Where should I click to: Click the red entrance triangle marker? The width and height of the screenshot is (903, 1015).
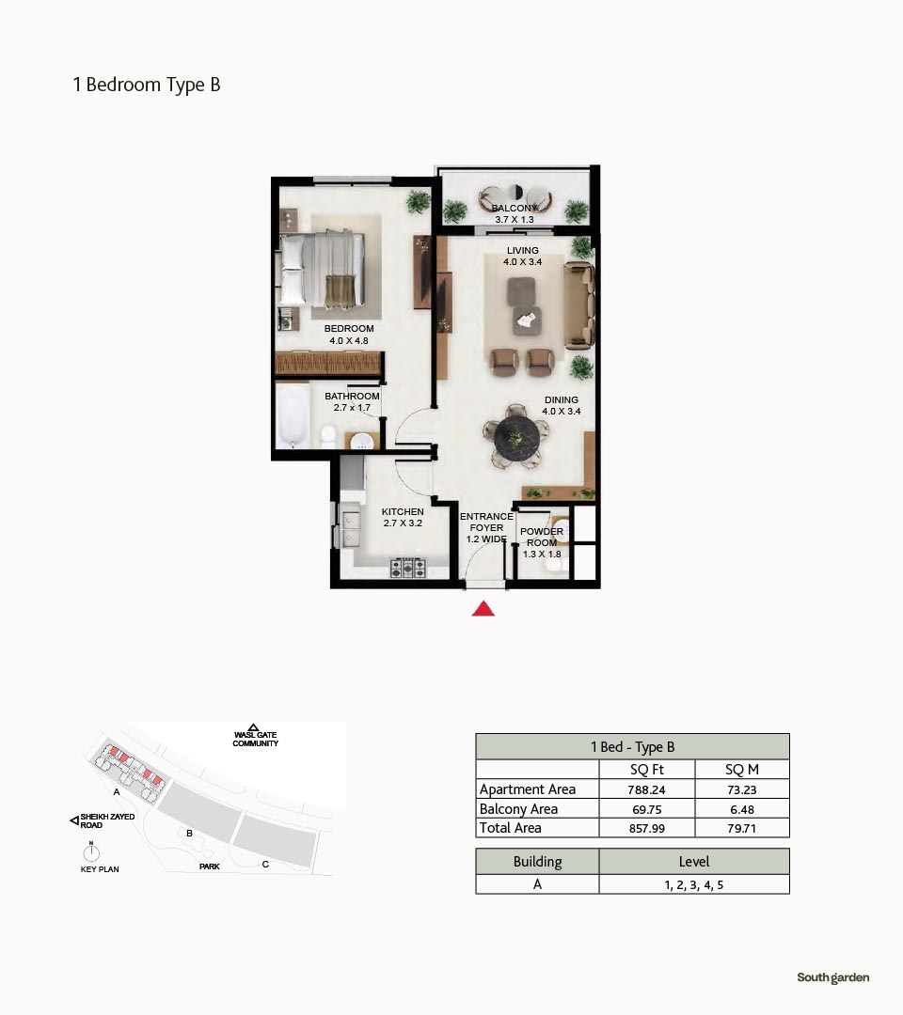483,609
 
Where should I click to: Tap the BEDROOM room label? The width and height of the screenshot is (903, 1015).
349,329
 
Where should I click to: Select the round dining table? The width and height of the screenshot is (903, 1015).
516,438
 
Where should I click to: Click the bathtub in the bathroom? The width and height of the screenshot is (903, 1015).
293,416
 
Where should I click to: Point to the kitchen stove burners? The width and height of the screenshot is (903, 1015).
407,568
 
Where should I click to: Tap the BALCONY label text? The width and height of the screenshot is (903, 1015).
515,208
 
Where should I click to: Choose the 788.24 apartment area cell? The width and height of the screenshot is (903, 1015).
646,789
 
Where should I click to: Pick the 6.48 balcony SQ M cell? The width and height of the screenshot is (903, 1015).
742,809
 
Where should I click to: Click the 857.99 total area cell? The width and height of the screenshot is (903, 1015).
646,828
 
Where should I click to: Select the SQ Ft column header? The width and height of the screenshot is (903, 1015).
646,770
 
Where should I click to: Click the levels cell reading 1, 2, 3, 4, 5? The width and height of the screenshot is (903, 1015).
694,885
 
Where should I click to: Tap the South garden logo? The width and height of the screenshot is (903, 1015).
833,977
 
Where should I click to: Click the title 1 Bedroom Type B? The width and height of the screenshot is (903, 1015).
147,85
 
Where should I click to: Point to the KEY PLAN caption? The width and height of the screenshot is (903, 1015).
100,869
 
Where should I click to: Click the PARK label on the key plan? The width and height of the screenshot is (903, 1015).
209,867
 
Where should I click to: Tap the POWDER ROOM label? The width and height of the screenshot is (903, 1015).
542,538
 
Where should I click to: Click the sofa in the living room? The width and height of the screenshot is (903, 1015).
579,304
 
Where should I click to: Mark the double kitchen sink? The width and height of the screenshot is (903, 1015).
351,529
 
